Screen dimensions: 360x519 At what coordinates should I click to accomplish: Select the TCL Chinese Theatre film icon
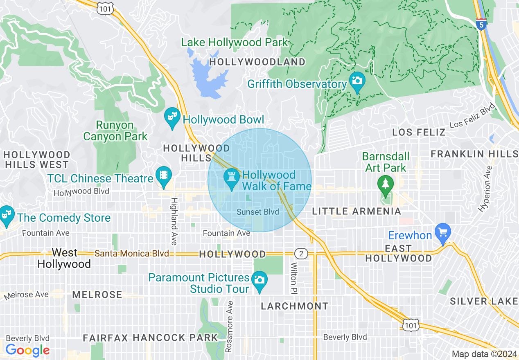pyautogui.click(x=164, y=175)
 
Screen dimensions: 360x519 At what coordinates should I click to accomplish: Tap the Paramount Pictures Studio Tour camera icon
pyautogui.click(x=259, y=280)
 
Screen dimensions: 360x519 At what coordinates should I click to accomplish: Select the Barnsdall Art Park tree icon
pyautogui.click(x=385, y=184)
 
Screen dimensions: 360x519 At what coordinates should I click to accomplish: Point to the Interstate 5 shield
pyautogui.click(x=481, y=24)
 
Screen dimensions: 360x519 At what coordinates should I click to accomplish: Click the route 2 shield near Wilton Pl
pyautogui.click(x=301, y=254)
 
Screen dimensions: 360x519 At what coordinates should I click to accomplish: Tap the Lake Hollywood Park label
pyautogui.click(x=235, y=42)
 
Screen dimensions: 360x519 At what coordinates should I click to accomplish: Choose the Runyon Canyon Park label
pyautogui.click(x=115, y=130)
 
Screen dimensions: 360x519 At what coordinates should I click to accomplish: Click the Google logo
pyautogui.click(x=27, y=350)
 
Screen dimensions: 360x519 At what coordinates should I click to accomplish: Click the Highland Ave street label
pyautogui.click(x=174, y=221)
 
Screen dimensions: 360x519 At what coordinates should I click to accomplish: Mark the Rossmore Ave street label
pyautogui.click(x=230, y=327)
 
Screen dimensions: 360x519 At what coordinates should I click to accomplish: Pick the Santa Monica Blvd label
pyautogui.click(x=131, y=254)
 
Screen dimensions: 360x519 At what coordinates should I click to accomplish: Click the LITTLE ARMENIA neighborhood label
pyautogui.click(x=357, y=211)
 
